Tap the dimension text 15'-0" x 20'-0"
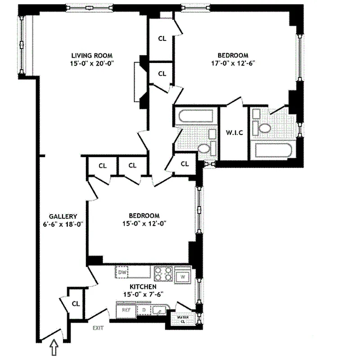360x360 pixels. pos(88,63)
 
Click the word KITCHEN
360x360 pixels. pos(143,287)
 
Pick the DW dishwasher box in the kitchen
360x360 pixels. pos(122,272)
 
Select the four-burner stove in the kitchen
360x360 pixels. pos(164,274)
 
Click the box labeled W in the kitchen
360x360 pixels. pos(183,276)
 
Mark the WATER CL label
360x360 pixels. pos(182,319)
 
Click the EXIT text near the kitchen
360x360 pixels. pos(98,328)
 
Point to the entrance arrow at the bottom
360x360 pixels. pos(54,347)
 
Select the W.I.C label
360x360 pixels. pos(233,133)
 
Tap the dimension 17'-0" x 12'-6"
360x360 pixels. pos(237,63)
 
